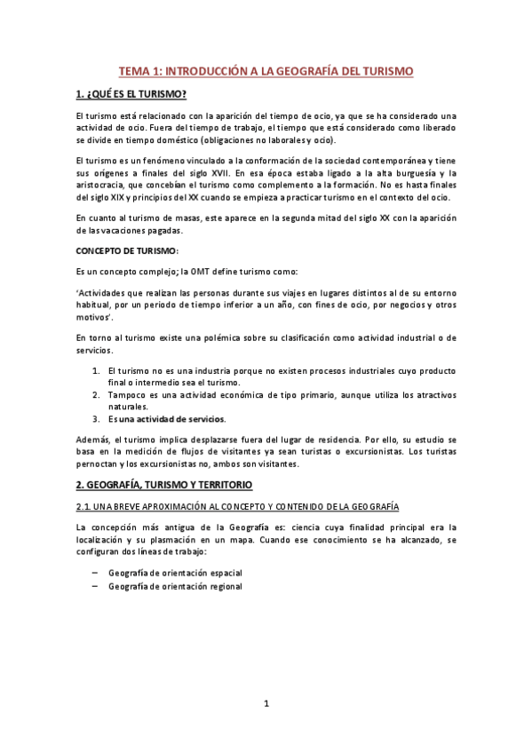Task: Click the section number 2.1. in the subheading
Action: [x=85, y=506]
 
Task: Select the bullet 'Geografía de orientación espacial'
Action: [x=175, y=573]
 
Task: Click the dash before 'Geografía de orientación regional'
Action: [x=95, y=586]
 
